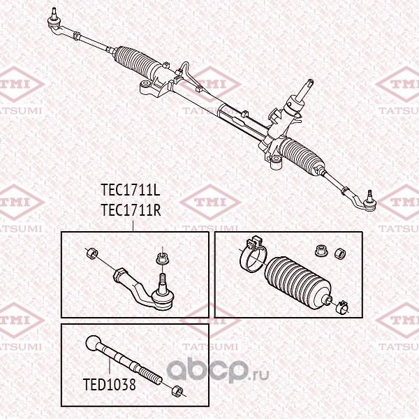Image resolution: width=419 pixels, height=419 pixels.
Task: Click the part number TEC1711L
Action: (131, 190)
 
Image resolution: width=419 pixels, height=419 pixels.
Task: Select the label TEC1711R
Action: (131, 208)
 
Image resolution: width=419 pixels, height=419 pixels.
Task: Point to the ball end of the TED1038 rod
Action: (95, 343)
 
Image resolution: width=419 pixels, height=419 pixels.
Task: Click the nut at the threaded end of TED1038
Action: (177, 390)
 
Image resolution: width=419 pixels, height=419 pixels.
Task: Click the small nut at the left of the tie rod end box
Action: (91, 252)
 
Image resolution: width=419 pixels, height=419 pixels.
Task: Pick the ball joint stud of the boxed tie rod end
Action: (162, 283)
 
